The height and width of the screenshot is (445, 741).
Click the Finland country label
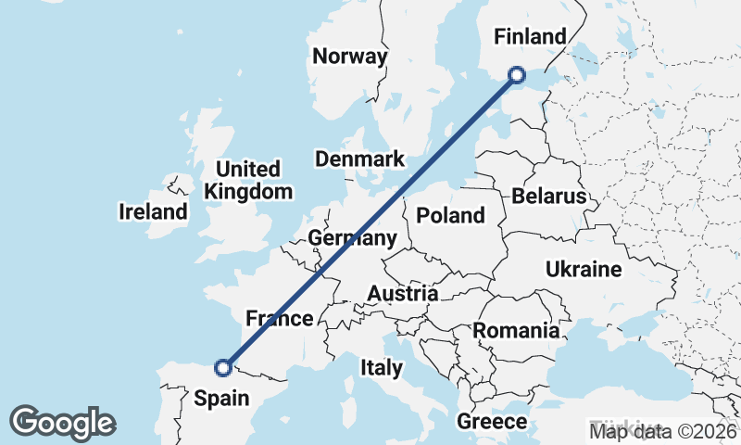530,37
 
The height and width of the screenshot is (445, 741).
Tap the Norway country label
349,57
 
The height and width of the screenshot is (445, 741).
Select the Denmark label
359,159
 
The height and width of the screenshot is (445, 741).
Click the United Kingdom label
247,181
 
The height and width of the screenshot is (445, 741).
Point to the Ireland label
153,212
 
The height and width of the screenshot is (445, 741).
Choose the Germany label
352,238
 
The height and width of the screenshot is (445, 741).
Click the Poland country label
450,216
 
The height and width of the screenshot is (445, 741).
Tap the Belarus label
548,197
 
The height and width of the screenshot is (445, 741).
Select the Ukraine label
583,270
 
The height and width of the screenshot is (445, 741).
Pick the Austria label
402,294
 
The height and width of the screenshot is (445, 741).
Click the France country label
279,319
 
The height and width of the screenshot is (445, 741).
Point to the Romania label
516,331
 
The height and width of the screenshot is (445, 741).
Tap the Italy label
382,368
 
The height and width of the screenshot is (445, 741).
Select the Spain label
222,399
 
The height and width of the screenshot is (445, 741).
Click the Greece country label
492,422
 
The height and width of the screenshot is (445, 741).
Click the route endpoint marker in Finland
517,75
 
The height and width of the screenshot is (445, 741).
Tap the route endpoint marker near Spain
223,368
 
